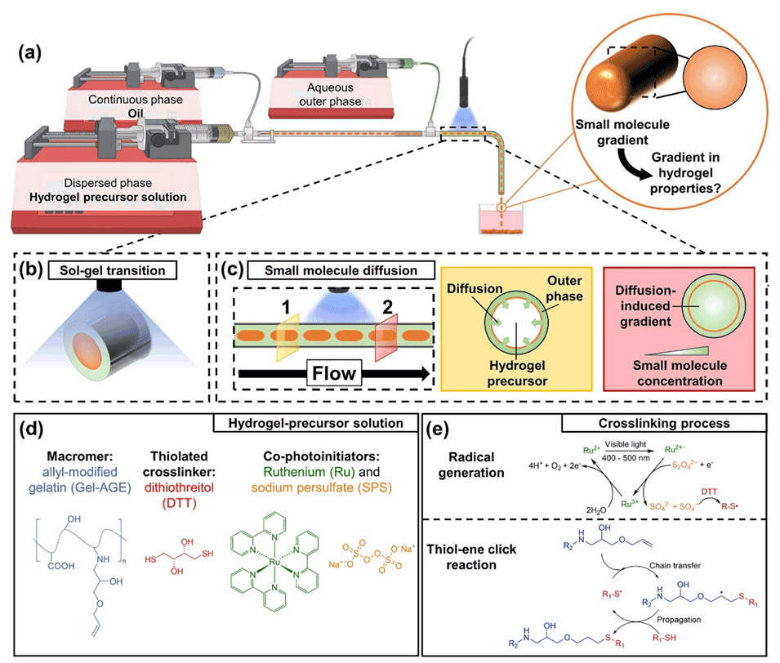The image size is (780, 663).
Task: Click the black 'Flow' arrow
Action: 335,375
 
